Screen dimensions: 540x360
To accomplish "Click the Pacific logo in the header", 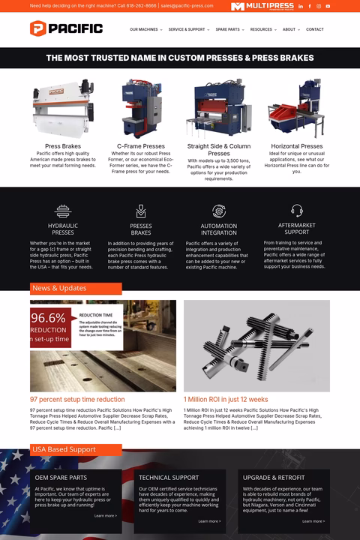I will coord(66,28).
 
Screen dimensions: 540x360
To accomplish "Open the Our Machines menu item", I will coord(145,29).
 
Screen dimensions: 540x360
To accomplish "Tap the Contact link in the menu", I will coord(315,29).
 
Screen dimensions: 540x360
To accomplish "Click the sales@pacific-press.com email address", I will coord(187,5).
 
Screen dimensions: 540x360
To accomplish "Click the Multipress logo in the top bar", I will coord(262,6).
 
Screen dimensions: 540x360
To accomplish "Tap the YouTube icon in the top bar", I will coord(328,6).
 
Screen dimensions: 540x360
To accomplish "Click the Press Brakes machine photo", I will coord(63,107).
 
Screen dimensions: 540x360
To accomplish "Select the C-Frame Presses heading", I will coord(141,146).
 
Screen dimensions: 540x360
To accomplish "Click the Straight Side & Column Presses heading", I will coord(219,150).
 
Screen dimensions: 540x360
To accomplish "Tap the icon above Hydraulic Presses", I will coord(63,211).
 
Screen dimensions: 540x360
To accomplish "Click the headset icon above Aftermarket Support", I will coord(297,210).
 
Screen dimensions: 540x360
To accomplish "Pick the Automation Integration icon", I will coord(219,211).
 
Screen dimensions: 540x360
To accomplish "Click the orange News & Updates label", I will coord(60,288).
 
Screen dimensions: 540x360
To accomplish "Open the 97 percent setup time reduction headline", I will coord(77,400).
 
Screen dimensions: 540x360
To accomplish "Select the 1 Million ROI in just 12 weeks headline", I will coord(226,400).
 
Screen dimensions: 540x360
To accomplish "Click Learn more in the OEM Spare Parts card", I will coord(105,516).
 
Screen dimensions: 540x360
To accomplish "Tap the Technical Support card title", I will coord(169,478).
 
